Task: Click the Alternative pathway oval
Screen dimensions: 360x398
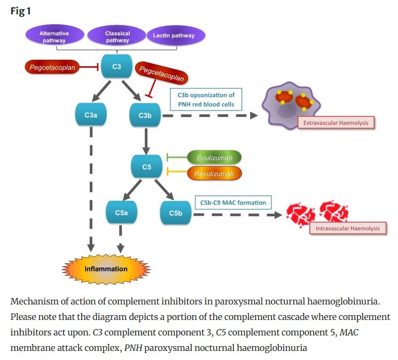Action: click(54, 36)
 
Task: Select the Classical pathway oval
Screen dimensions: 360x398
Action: click(117, 36)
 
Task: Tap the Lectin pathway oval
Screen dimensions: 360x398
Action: click(174, 36)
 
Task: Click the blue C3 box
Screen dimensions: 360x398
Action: click(116, 67)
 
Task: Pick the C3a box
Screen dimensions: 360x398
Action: click(91, 115)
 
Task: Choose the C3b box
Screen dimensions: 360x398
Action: click(145, 115)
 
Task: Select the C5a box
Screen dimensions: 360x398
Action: click(121, 213)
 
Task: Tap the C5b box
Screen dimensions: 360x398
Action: click(176, 213)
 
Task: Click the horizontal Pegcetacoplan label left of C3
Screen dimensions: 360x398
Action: click(52, 67)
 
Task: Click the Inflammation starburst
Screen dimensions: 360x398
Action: click(106, 269)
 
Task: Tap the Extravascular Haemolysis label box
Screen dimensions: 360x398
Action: click(335, 123)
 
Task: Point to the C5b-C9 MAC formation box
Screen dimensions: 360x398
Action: click(233, 203)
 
